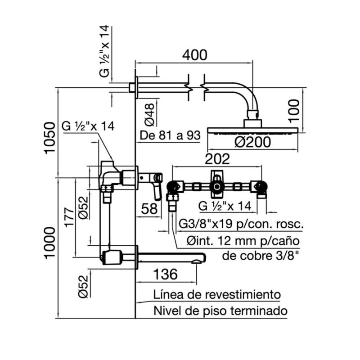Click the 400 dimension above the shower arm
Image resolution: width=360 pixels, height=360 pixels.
(194, 55)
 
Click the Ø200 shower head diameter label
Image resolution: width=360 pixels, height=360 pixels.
(252, 143)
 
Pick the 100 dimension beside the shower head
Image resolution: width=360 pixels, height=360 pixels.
(293, 110)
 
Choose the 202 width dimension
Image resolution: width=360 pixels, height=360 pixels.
(217, 158)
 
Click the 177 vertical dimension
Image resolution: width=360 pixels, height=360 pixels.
(69, 218)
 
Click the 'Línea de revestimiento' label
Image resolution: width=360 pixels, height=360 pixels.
(217, 295)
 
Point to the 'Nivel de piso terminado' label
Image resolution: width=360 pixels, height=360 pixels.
(220, 310)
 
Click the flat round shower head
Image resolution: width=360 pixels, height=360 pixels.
(252, 130)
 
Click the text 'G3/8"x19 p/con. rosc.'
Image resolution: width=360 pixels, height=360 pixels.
(241, 224)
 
